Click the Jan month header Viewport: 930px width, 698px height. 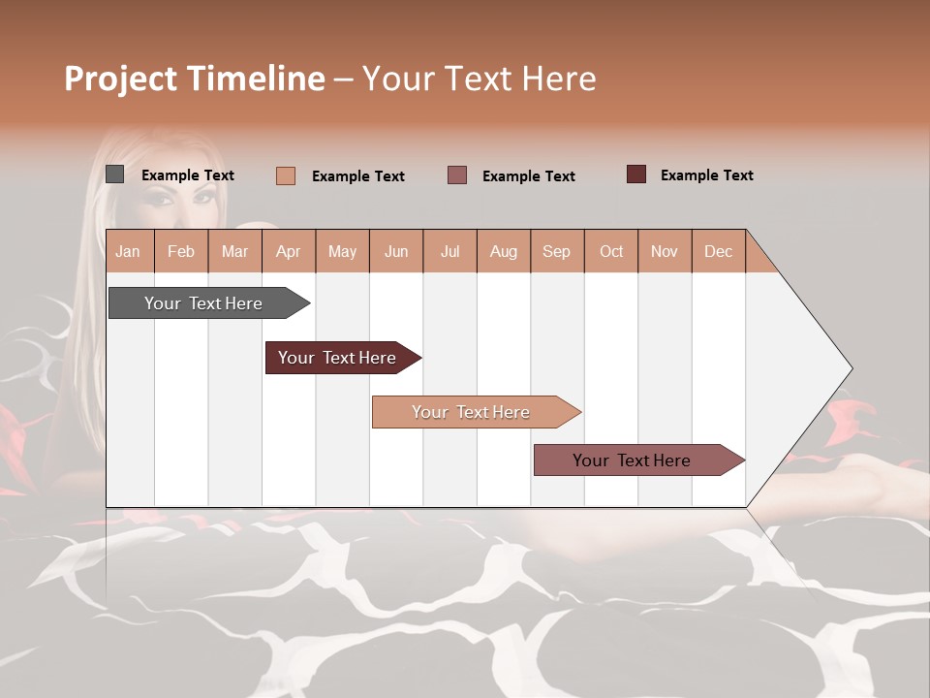point(128,251)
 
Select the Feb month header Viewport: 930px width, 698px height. point(181,251)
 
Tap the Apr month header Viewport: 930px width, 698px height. point(289,251)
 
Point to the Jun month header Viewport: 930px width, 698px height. point(396,251)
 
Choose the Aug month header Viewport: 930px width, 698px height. point(504,251)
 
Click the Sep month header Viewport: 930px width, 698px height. point(557,251)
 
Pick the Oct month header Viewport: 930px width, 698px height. point(611,251)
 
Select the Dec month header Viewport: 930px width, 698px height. point(719,251)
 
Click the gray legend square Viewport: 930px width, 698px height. point(114,174)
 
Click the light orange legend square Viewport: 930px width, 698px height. point(285,175)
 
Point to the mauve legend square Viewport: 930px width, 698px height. point(457,175)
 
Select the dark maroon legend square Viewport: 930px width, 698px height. point(635,174)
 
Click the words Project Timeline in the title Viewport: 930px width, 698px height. point(194,79)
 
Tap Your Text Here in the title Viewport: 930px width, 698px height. point(479,79)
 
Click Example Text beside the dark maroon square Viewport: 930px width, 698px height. point(706,175)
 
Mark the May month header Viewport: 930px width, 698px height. point(342,251)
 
